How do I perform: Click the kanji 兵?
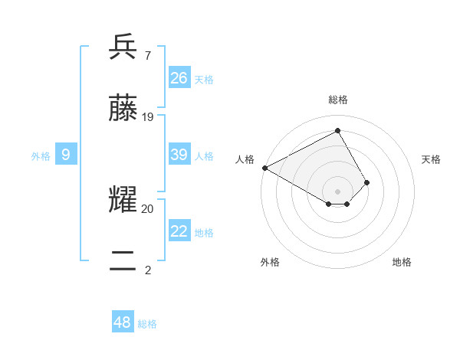coord(123,48)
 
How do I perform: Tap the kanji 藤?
coord(123,110)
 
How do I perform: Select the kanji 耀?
coord(123,201)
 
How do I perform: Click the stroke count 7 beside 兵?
coord(147,56)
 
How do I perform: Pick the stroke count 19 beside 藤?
coord(148,117)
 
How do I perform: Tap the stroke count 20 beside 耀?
coord(148,208)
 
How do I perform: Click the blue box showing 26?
coord(179,77)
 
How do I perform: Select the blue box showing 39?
coord(179,155)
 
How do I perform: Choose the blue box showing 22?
coord(179,231)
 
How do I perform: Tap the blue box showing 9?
coord(66,155)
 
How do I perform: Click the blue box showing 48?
coord(123,322)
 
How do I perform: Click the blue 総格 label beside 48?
coord(147,324)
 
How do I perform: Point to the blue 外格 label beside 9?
coord(41,156)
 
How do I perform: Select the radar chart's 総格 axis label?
coord(338,100)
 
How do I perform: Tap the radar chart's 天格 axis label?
coord(432,159)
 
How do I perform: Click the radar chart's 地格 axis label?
coord(402,262)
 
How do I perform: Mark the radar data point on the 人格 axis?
coord(264,168)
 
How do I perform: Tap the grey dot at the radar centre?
coord(338,191)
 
